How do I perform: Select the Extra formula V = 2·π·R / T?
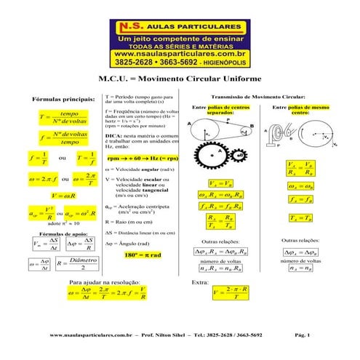click(231, 292)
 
